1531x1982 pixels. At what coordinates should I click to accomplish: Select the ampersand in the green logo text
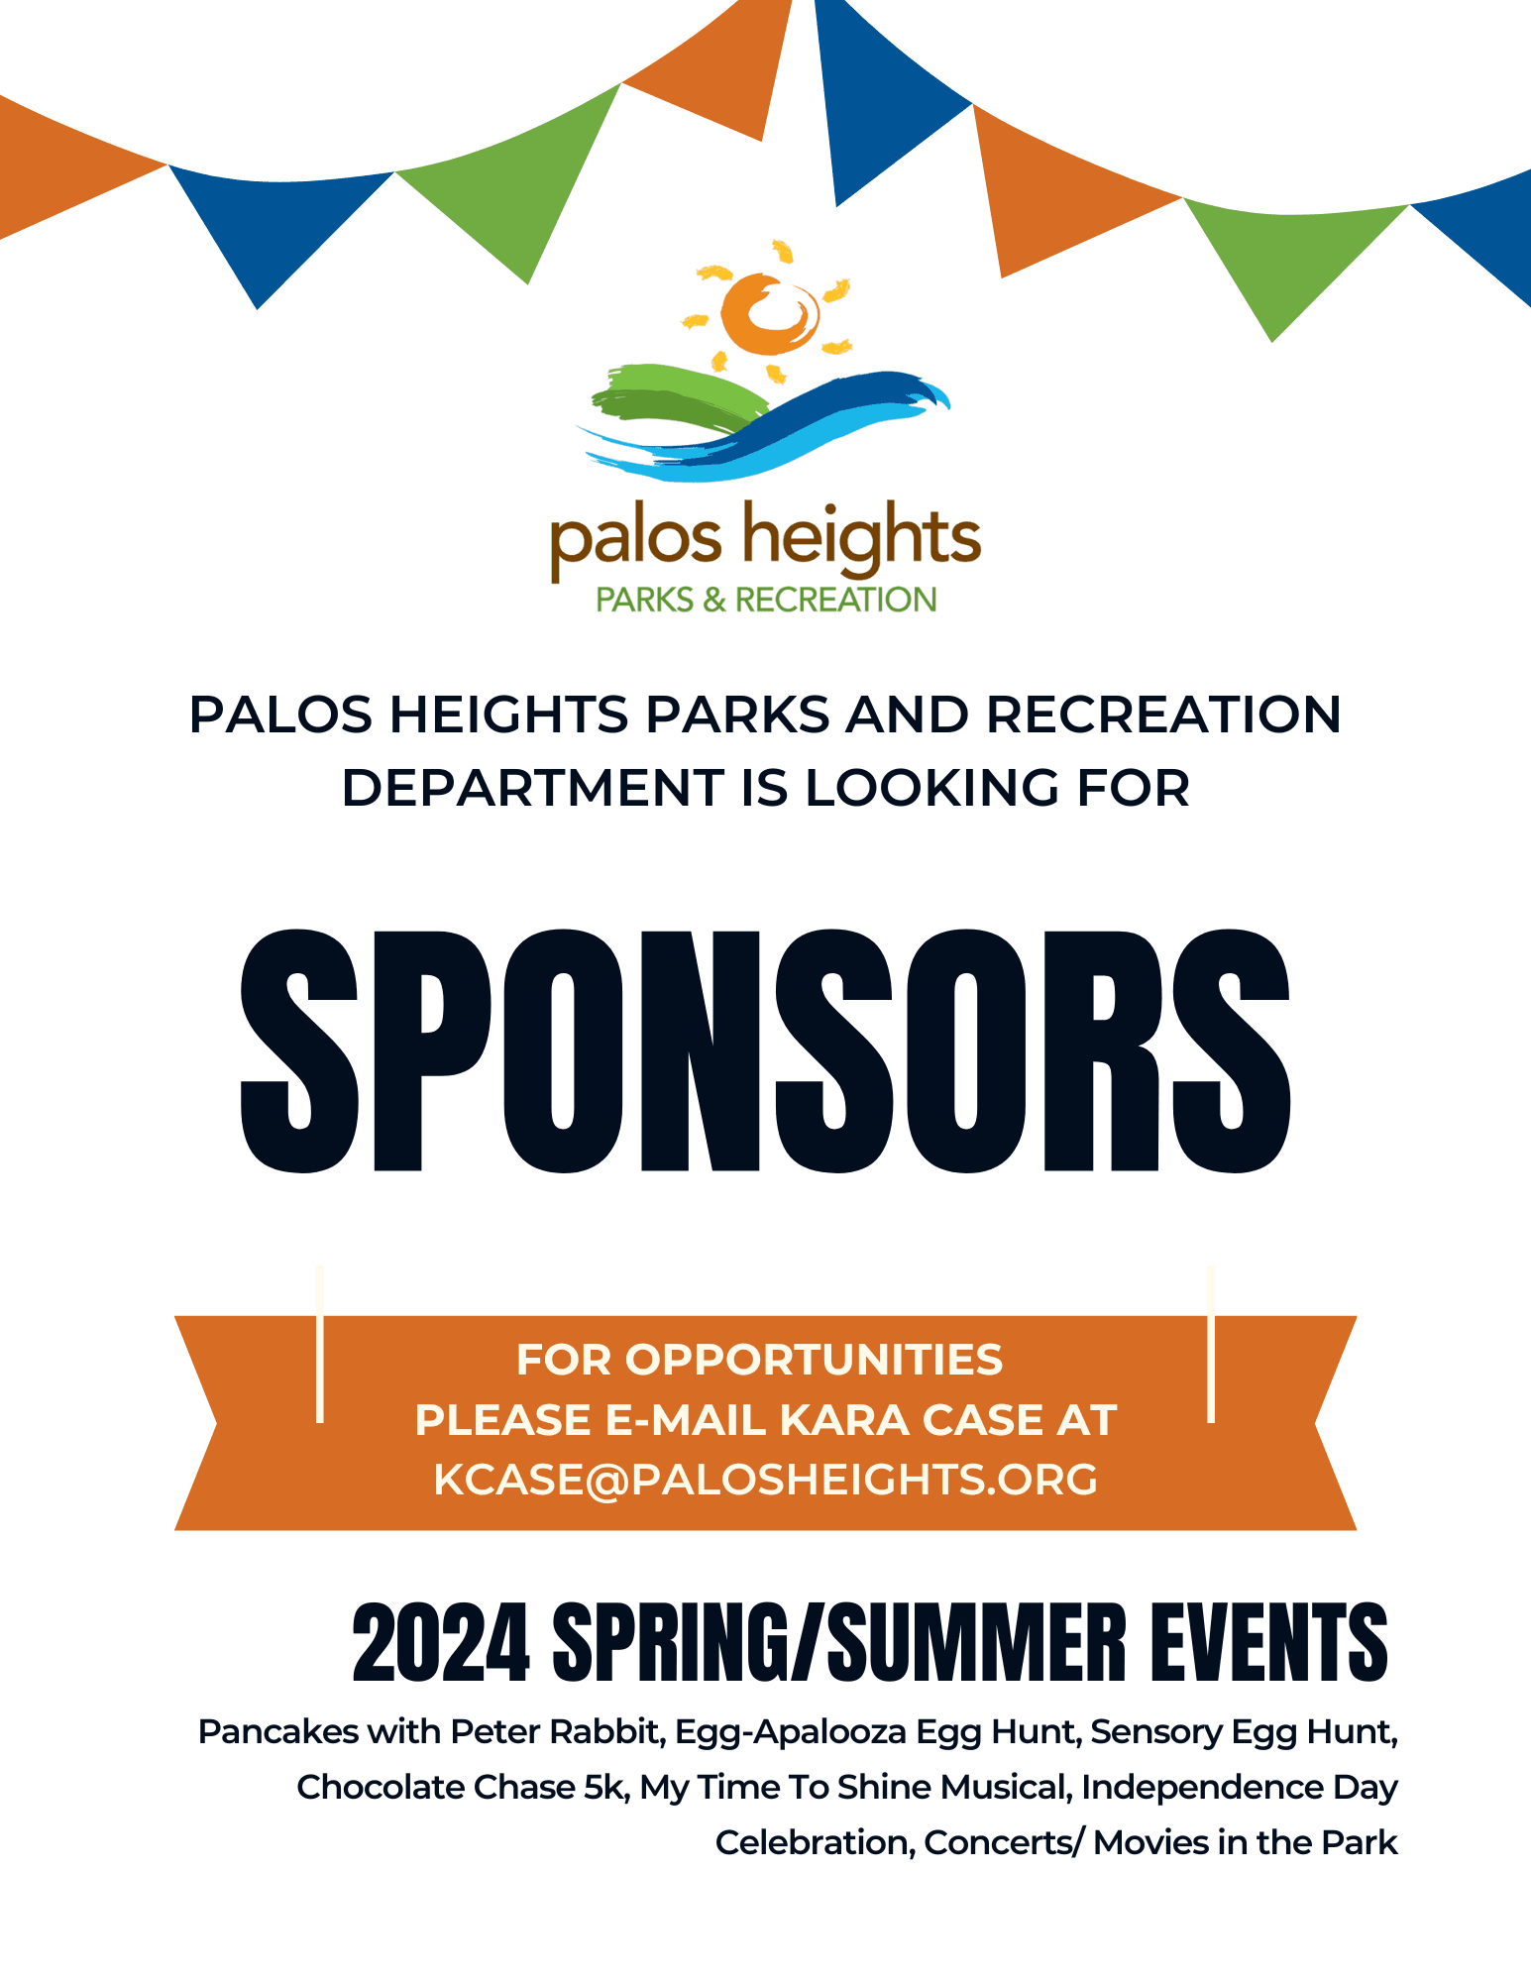coord(714,600)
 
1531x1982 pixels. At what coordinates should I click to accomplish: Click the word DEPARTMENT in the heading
coord(533,788)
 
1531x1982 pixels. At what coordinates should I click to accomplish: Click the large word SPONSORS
coord(765,1050)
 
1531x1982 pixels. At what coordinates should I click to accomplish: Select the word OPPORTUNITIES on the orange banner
coord(814,1360)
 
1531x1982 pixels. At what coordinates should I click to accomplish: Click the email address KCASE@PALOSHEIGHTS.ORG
coord(766,1480)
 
